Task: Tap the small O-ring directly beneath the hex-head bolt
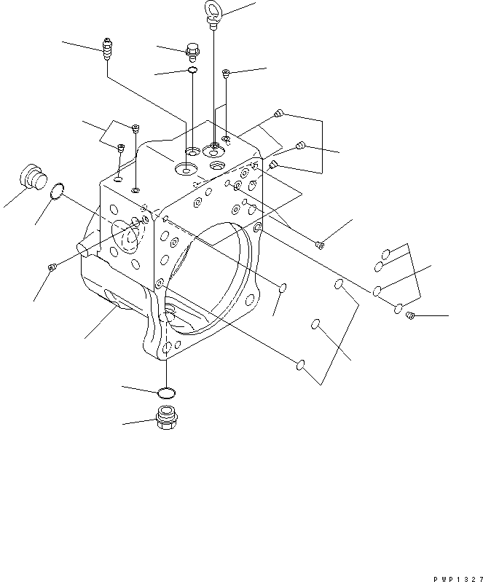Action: [x=192, y=71]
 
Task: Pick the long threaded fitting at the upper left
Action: [x=107, y=49]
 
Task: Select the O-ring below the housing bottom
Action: [x=167, y=393]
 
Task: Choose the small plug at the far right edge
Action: [x=409, y=315]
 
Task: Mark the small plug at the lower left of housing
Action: [x=51, y=268]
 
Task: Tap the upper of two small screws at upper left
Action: [x=136, y=129]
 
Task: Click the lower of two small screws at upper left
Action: [x=121, y=149]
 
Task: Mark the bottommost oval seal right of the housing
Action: [x=299, y=364]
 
